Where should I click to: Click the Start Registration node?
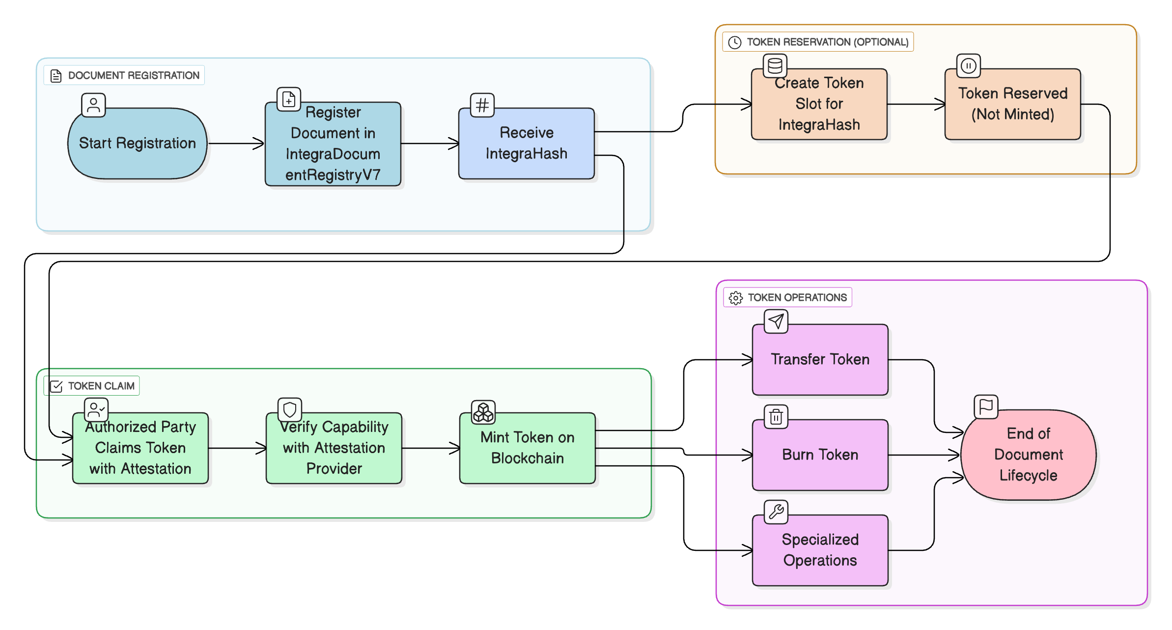point(137,143)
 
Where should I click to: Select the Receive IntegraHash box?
point(526,143)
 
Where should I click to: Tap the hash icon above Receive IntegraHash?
point(482,105)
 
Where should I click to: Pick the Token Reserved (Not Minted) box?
point(1012,104)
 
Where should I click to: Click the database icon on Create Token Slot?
point(775,65)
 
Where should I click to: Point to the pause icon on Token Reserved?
point(968,66)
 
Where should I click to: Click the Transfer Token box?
point(820,360)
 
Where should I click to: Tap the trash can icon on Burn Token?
point(776,417)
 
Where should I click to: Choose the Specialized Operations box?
point(820,550)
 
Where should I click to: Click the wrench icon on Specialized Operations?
point(776,512)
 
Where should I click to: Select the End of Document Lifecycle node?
point(1028,455)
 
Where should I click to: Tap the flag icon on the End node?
point(985,406)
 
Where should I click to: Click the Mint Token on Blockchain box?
point(527,448)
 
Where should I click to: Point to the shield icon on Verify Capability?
point(290,409)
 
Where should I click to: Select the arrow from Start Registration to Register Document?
point(236,143)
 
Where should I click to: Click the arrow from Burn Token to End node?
point(923,455)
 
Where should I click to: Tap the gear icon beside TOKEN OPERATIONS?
point(735,298)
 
